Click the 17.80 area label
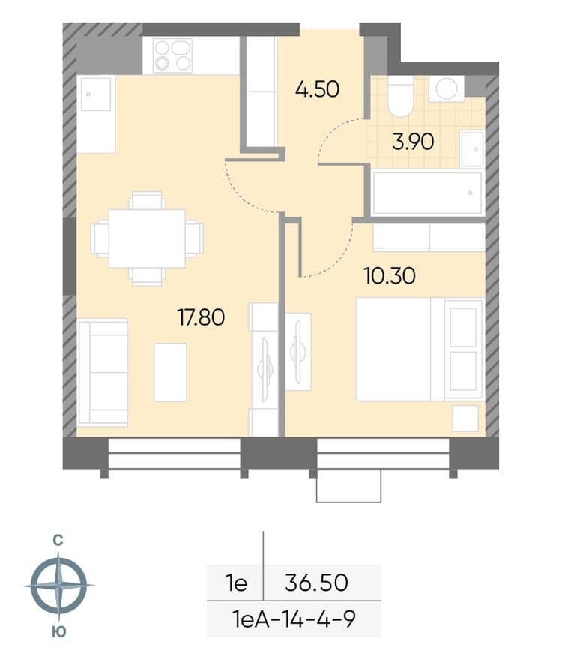click(201, 317)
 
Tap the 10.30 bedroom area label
click(390, 276)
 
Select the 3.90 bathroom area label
click(413, 142)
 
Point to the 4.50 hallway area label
click(317, 89)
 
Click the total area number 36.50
click(316, 583)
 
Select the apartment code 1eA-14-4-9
click(294, 619)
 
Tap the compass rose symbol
click(58, 586)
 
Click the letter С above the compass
click(58, 540)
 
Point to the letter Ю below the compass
click(59, 631)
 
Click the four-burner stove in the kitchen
click(173, 55)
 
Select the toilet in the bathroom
click(400, 97)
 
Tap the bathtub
click(427, 193)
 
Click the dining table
click(147, 238)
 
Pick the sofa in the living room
click(103, 373)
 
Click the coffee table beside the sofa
click(170, 372)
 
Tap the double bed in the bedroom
click(420, 349)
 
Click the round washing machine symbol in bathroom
click(447, 88)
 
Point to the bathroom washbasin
click(472, 149)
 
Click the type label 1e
click(236, 583)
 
